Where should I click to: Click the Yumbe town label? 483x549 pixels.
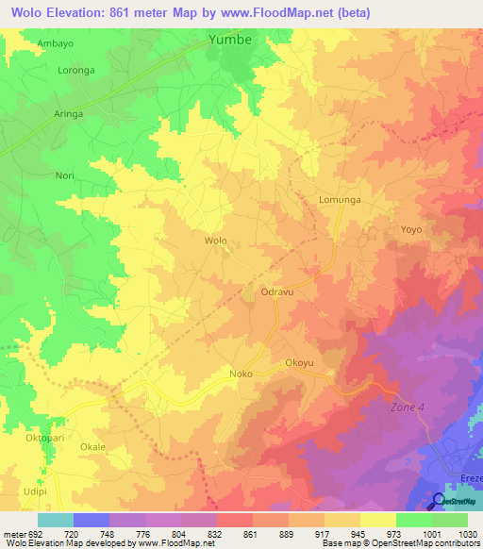[230, 40]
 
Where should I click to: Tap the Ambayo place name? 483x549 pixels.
[55, 43]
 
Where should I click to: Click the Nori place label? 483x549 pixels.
[65, 175]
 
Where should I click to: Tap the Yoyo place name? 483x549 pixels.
[411, 230]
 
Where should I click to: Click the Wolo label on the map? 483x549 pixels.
[216, 241]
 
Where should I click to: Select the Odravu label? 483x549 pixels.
[279, 293]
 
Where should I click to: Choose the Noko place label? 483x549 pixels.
[239, 374]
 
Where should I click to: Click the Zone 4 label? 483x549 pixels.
[408, 408]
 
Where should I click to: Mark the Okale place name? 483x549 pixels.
[92, 447]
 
